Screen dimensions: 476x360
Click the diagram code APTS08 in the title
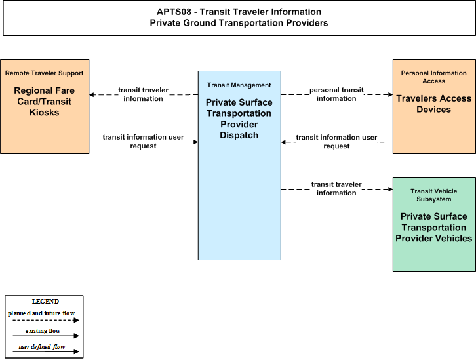click(x=174, y=12)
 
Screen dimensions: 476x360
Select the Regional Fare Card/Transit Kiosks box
click(x=45, y=106)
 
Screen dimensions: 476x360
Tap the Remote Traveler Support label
click(x=45, y=73)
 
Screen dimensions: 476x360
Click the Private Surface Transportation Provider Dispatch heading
click(x=239, y=119)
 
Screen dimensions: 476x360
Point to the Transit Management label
click(x=239, y=85)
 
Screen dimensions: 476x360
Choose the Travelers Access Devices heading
click(x=434, y=104)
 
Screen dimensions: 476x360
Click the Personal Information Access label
click(x=434, y=77)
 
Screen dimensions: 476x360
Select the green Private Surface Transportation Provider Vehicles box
click(x=434, y=225)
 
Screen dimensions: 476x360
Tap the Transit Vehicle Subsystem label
click(x=434, y=195)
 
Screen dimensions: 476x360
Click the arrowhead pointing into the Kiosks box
click(x=92, y=94)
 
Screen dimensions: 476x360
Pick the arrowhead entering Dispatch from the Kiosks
click(x=195, y=142)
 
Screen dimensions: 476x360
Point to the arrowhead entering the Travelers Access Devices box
click(x=390, y=94)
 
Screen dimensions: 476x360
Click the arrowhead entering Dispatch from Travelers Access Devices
click(x=283, y=142)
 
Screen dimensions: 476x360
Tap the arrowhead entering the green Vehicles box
click(x=390, y=189)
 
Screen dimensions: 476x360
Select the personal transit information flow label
click(x=336, y=94)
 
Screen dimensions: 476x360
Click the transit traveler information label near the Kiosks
click(x=143, y=94)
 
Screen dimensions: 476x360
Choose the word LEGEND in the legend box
click(x=45, y=302)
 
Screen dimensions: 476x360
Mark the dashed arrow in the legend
click(x=46, y=320)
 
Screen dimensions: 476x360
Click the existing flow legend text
click(x=43, y=331)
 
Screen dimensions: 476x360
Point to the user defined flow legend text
click(x=42, y=347)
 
